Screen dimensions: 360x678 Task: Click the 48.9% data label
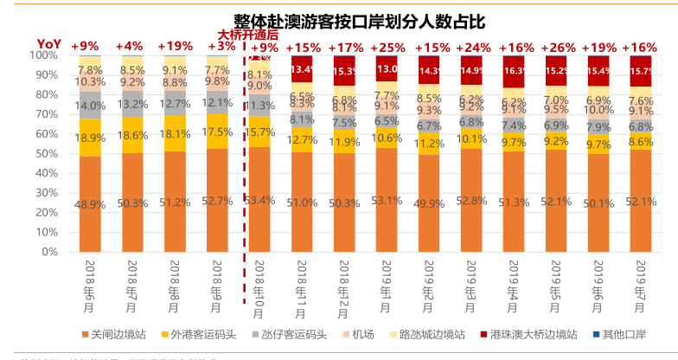tap(91, 203)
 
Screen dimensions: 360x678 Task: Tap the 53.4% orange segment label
tap(259, 200)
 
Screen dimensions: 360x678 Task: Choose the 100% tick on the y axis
tap(44, 55)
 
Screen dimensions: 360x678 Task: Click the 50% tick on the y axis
tap(47, 153)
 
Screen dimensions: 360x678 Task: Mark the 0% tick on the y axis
tap(50, 252)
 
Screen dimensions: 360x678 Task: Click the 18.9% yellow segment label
tap(91, 138)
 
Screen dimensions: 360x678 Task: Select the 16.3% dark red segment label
tap(514, 71)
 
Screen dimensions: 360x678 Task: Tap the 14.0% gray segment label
tap(91, 106)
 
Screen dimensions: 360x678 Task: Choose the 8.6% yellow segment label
tap(641, 141)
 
